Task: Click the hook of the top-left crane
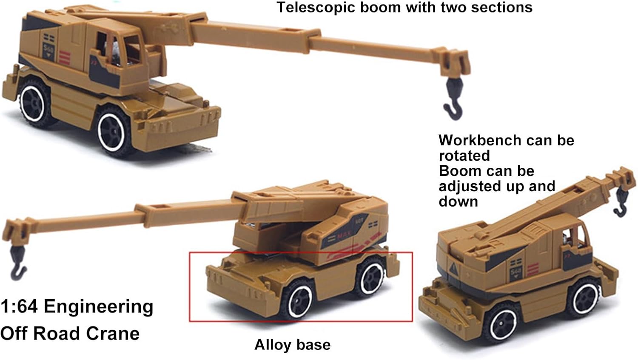(x=453, y=98)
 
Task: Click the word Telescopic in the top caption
(x=316, y=8)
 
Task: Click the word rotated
(x=464, y=156)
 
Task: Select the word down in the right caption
(x=458, y=201)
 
